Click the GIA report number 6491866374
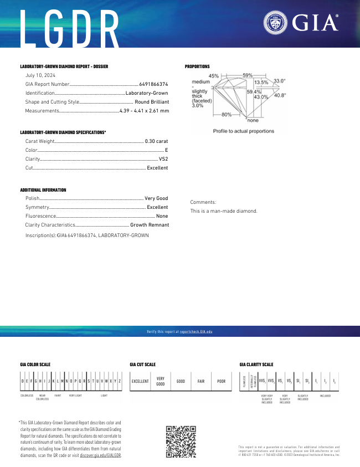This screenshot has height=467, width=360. pyautogui.click(x=153, y=84)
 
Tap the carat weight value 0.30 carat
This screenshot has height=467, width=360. pyautogui.click(x=156, y=141)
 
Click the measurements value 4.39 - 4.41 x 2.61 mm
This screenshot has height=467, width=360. pyautogui.click(x=144, y=111)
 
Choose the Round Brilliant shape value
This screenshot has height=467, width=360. pyautogui.click(x=152, y=102)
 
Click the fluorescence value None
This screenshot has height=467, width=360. pyautogui.click(x=162, y=215)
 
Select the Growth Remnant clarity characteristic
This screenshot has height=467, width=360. pyautogui.click(x=150, y=225)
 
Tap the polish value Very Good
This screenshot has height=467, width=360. pyautogui.click(x=156, y=198)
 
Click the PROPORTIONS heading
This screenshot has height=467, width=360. pyautogui.click(x=197, y=66)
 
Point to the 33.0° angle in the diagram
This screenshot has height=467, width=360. pyautogui.click(x=279, y=81)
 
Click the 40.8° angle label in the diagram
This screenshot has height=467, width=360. pyautogui.click(x=280, y=95)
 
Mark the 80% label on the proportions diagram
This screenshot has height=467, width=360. pyautogui.click(x=227, y=115)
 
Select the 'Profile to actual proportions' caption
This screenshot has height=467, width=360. pyautogui.click(x=244, y=131)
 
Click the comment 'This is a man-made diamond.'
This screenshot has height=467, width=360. pyautogui.click(x=224, y=211)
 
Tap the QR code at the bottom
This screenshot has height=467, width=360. pyautogui.click(x=181, y=442)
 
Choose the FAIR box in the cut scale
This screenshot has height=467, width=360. pyautogui.click(x=201, y=381)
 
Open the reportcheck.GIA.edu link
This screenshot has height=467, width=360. pyautogui.click(x=196, y=331)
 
